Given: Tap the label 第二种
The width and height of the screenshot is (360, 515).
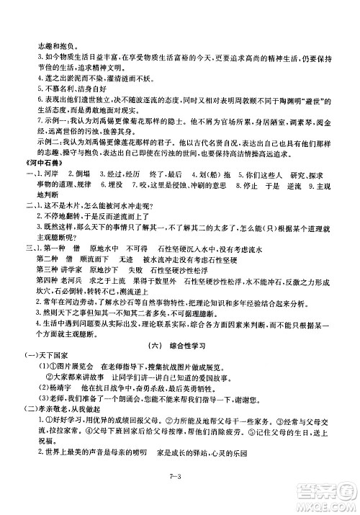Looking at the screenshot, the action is point(42,299).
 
